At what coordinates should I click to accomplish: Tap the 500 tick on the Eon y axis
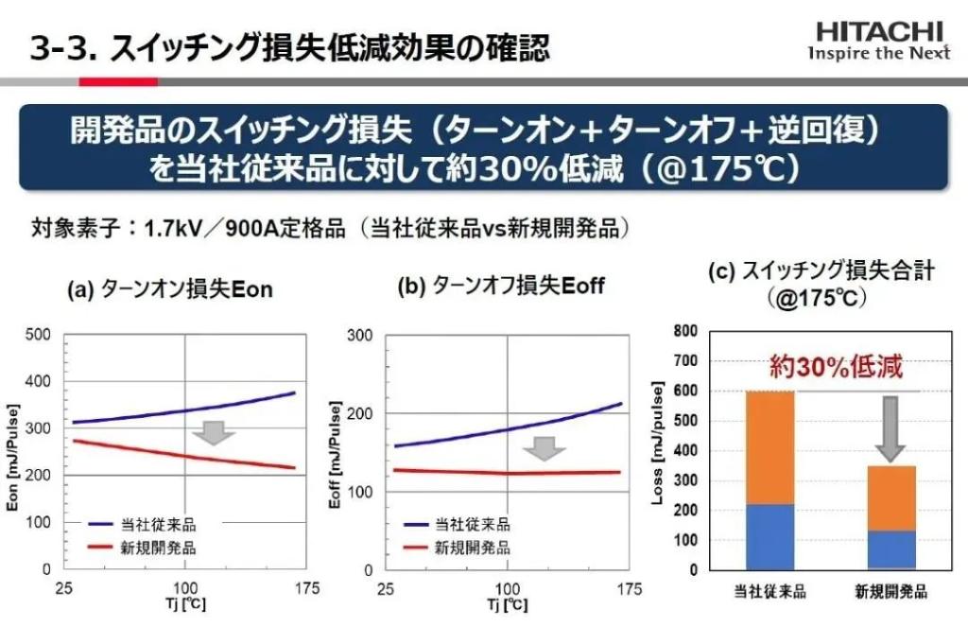38,335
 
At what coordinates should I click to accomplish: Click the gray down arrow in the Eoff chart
544,447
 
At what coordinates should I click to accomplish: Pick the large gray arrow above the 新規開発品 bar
889,427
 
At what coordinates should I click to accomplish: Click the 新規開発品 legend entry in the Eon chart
142,547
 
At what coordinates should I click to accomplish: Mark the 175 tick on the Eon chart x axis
306,589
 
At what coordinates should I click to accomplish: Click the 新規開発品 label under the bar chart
890,593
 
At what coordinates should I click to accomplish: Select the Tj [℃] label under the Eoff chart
508,603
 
